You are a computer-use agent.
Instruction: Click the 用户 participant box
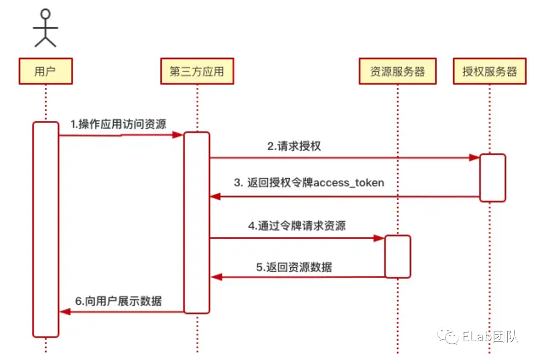pos(46,71)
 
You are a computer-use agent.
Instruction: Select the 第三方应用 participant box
pos(197,71)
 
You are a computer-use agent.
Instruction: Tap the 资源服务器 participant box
pos(398,71)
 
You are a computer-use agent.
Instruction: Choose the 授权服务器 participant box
pos(489,71)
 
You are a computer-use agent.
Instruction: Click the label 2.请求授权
pos(294,146)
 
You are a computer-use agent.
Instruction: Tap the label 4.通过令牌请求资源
pos(297,226)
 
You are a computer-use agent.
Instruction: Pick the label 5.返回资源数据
pos(294,267)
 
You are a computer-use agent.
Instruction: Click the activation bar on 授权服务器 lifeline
pos(492,177)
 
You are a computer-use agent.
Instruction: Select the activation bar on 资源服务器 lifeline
pos(398,256)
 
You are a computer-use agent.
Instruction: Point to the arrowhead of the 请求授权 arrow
pos(474,158)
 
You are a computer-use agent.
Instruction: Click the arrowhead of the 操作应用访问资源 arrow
pos(178,135)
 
